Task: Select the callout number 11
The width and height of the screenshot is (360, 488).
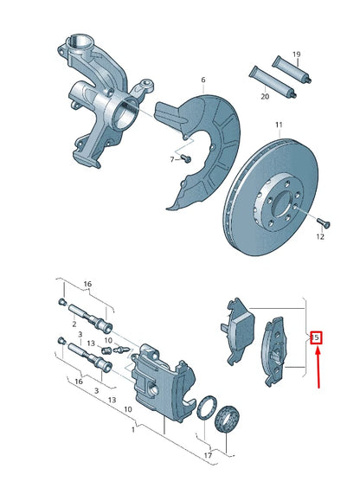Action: pyautogui.click(x=279, y=125)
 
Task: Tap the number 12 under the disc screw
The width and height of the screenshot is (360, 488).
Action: pyautogui.click(x=319, y=236)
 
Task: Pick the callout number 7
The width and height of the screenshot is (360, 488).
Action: pyautogui.click(x=172, y=160)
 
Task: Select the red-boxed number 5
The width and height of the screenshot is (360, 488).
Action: pyautogui.click(x=316, y=337)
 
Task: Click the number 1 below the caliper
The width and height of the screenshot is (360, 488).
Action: pyautogui.click(x=132, y=429)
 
